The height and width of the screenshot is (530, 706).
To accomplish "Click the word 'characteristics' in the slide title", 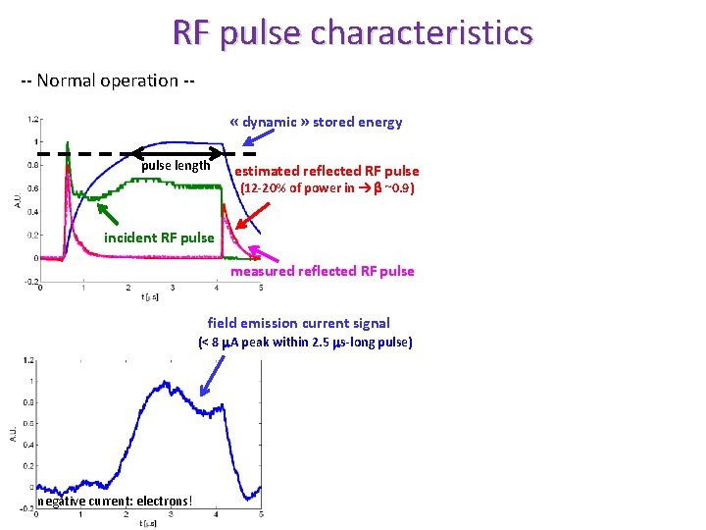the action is [x=423, y=33].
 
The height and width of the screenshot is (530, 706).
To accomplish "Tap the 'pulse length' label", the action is [x=176, y=166].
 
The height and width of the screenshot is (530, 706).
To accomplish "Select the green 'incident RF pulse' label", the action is [x=159, y=238].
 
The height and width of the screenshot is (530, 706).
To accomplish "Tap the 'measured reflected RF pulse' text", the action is [x=323, y=271].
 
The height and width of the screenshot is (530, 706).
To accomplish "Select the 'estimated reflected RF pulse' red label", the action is [x=327, y=171].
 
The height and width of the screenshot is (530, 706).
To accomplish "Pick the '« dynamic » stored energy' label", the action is [x=316, y=123].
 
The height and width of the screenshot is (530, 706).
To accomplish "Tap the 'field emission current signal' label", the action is [x=299, y=323].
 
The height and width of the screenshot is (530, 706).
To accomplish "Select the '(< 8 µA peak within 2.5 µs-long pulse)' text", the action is [x=306, y=343].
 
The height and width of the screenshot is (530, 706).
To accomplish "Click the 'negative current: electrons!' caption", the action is [x=115, y=502].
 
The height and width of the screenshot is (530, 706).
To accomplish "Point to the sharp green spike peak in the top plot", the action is [x=68, y=144].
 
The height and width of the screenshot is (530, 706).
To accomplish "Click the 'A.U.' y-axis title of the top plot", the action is [x=17, y=201].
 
